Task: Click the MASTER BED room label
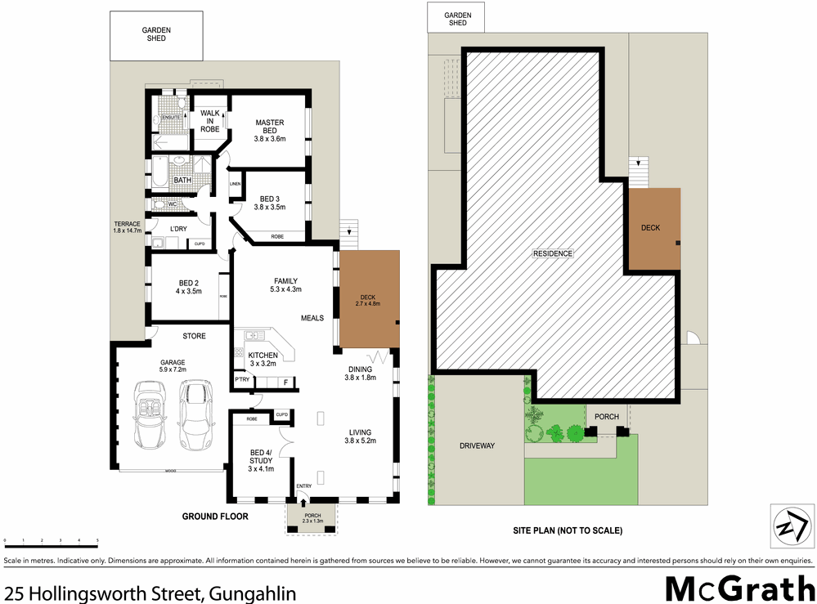pos(269,131)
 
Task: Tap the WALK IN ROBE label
pos(209,120)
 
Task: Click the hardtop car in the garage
pos(195,414)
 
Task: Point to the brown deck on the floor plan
pos(370,299)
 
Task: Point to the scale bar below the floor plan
pos(51,541)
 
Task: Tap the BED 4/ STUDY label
pos(261,460)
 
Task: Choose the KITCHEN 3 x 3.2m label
pos(263,360)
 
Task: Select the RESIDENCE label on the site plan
pos(553,253)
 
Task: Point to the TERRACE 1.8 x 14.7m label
pos(127,227)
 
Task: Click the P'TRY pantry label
pos(241,380)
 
